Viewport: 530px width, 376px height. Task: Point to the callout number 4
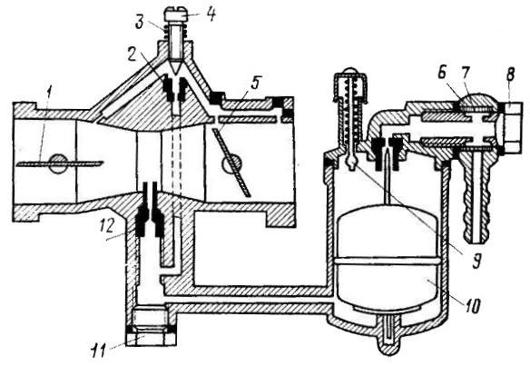click(211, 15)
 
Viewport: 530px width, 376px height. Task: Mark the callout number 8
click(510, 74)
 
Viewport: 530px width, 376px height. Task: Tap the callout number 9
click(476, 261)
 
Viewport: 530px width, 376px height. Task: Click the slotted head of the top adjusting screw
click(176, 15)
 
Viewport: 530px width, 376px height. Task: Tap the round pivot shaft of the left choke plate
click(58, 163)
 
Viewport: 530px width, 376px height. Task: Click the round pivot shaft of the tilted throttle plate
click(232, 163)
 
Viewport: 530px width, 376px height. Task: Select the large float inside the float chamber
click(388, 258)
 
